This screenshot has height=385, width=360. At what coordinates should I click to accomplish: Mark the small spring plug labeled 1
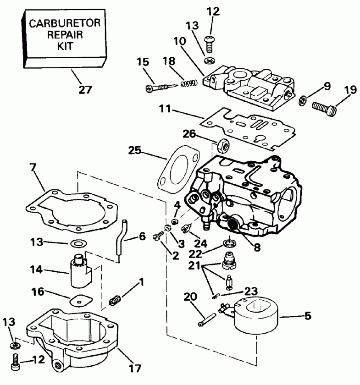point(116,301)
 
